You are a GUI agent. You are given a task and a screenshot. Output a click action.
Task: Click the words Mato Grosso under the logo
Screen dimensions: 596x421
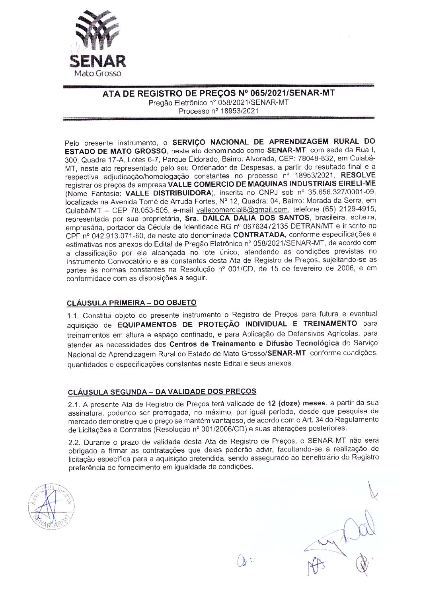(x=97, y=73)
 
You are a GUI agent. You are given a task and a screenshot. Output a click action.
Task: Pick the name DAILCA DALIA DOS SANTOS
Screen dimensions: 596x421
(x=255, y=218)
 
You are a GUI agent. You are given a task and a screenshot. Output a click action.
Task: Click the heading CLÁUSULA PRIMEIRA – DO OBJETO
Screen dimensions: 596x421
(x=131, y=303)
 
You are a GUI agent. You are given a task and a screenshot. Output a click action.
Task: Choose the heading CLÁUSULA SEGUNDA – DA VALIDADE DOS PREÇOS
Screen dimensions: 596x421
(x=162, y=392)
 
